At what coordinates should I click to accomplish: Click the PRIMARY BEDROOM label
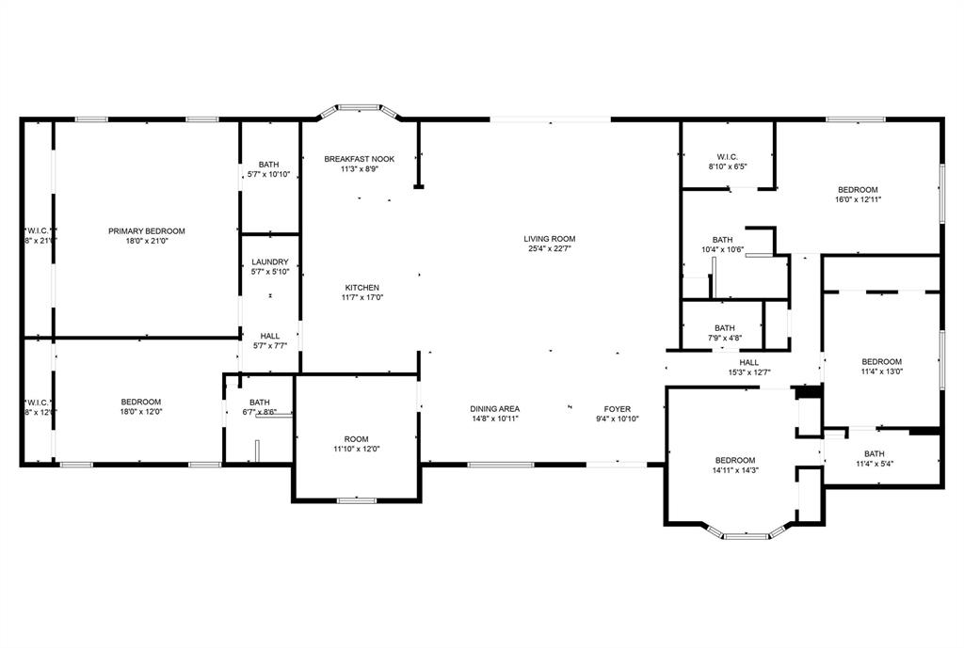point(146,231)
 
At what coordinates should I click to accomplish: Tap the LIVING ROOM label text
point(549,239)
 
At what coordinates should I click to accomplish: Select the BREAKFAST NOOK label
point(359,159)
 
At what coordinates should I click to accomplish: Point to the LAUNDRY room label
point(269,262)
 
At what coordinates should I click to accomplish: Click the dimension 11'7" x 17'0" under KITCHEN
point(361,297)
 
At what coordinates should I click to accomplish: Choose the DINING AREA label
point(495,409)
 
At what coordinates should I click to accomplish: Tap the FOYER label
point(617,409)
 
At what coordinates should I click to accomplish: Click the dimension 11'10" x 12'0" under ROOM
point(356,449)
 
